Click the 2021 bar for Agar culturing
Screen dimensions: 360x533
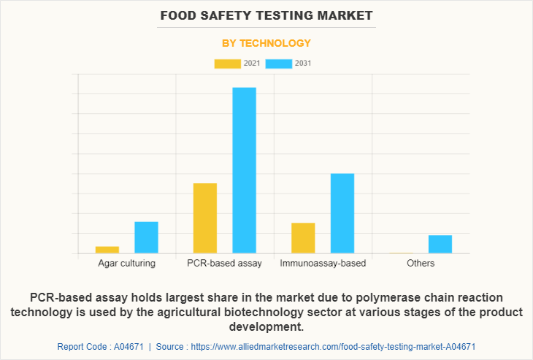(x=107, y=250)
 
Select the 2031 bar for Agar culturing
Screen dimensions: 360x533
(x=146, y=237)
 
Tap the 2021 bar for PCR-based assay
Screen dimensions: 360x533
(x=205, y=218)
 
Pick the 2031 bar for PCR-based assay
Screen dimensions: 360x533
(x=245, y=170)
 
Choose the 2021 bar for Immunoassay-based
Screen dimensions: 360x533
(x=303, y=238)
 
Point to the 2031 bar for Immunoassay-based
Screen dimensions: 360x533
(x=342, y=213)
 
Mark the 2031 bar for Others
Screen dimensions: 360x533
(x=440, y=244)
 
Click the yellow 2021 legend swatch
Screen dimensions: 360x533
(x=227, y=64)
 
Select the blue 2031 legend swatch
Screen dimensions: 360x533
(x=279, y=64)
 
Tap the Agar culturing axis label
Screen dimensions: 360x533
(x=126, y=264)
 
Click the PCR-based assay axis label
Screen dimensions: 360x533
(x=224, y=264)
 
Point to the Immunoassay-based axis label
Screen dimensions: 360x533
(x=323, y=264)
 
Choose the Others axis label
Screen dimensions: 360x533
(x=421, y=264)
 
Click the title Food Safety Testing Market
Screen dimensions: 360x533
(x=266, y=15)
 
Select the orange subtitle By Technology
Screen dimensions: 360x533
(x=266, y=43)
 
